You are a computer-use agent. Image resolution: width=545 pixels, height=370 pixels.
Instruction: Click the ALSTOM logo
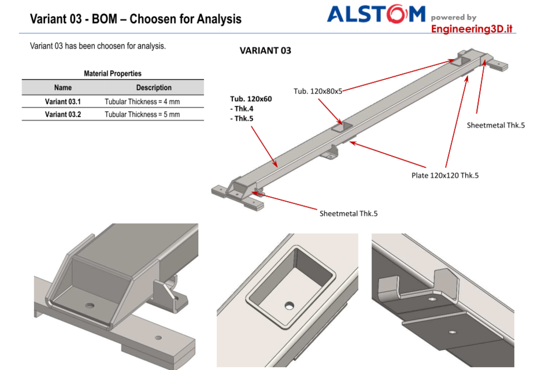376,14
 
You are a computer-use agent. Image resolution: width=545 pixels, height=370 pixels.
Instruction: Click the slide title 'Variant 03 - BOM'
135,19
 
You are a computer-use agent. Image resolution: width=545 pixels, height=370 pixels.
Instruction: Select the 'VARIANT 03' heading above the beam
265,51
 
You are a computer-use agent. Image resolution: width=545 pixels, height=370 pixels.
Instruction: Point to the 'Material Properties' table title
113,73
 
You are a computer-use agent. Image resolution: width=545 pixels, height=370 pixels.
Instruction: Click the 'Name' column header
62,88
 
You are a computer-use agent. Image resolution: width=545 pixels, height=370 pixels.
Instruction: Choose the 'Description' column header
154,88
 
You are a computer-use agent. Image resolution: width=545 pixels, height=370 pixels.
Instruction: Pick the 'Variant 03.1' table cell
62,102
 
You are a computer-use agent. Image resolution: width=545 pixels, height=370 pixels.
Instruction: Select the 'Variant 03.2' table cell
62,114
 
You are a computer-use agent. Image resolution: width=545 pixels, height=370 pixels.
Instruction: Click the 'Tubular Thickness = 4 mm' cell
142,102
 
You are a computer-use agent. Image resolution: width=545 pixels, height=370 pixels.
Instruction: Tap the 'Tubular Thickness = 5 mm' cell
142,114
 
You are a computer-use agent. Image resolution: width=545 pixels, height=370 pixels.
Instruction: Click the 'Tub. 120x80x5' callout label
318,91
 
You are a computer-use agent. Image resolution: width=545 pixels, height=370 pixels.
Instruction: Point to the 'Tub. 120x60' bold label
251,99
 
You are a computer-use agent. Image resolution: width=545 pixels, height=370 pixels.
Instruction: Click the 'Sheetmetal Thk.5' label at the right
495,125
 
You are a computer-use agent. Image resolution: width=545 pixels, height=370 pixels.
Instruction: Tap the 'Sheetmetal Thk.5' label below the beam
348,213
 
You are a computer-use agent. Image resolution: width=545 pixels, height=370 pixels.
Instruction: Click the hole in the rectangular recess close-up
289,304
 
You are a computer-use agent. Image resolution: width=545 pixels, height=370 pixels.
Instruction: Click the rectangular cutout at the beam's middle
340,127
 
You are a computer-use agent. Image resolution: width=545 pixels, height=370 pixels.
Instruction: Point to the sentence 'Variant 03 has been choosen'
98,46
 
